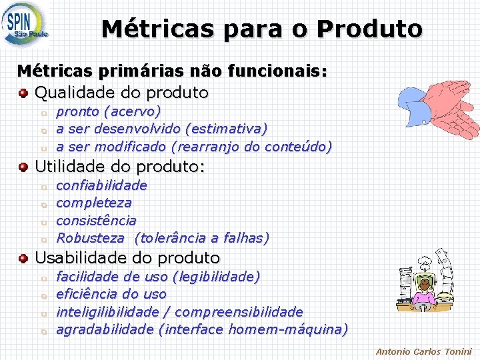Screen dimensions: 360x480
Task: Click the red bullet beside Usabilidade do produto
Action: tap(23, 257)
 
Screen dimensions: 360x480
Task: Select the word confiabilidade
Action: tap(101, 185)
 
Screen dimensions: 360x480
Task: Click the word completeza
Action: tap(93, 203)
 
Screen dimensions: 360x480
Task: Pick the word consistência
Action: tap(96, 220)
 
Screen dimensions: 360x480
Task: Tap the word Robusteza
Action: tap(90, 238)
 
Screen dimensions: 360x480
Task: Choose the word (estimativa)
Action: tap(227, 128)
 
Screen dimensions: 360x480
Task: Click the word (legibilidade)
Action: tap(216, 276)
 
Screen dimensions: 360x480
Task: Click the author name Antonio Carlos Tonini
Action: tap(423, 351)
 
